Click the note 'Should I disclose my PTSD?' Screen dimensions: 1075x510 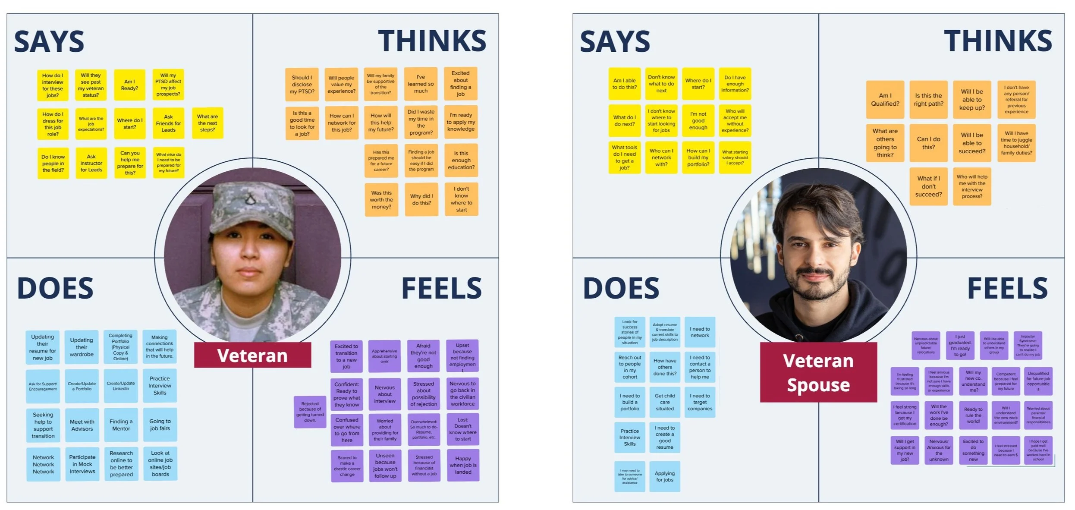(x=302, y=85)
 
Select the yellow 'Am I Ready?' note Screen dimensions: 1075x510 (x=129, y=85)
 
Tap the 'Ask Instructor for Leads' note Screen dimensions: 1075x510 (x=91, y=163)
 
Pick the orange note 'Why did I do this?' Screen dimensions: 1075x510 (x=421, y=199)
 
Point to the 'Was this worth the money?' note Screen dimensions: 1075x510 (x=381, y=200)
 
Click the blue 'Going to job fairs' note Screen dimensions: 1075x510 (x=160, y=425)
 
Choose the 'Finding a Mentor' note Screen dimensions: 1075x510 (x=121, y=425)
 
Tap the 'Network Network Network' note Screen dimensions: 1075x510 (x=44, y=464)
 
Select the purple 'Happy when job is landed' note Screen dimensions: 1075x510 (x=463, y=465)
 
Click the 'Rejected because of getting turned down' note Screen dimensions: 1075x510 (x=310, y=412)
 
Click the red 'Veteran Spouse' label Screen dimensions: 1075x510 (x=818, y=372)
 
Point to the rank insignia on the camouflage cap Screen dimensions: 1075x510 (x=250, y=199)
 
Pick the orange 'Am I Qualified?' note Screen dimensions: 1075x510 (x=885, y=100)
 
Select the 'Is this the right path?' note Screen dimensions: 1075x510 (x=928, y=100)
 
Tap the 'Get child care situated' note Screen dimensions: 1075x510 (x=665, y=402)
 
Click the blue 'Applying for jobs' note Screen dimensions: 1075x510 (x=665, y=476)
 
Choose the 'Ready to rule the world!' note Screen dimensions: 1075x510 (x=973, y=415)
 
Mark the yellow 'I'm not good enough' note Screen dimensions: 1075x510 (x=698, y=121)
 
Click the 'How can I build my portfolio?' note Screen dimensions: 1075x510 (x=698, y=157)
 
